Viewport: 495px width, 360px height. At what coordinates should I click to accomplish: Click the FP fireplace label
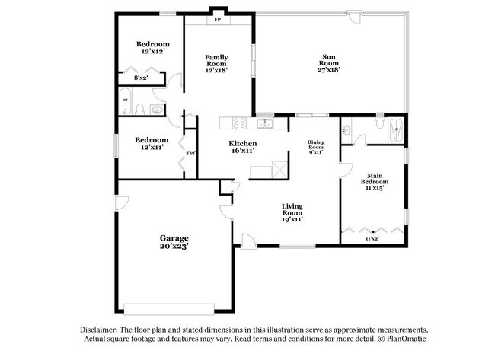pyautogui.click(x=218, y=19)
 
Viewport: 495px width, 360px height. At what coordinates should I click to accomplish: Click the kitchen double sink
pyautogui.click(x=264, y=123)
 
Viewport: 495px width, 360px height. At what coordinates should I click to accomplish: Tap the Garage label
pyautogui.click(x=174, y=237)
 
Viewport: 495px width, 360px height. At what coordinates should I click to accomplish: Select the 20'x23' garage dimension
pyautogui.click(x=174, y=247)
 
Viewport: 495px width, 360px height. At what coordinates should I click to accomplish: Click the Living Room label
pyautogui.click(x=293, y=209)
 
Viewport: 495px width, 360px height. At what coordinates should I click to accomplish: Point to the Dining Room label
pyautogui.click(x=316, y=145)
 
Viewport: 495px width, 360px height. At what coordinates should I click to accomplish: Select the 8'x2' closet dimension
pyautogui.click(x=142, y=78)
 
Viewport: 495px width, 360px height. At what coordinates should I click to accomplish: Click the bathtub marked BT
pyautogui.click(x=126, y=102)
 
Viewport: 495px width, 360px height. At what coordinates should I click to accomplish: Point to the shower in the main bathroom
pyautogui.click(x=394, y=131)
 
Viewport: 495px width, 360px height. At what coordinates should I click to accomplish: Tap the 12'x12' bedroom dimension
pyautogui.click(x=152, y=53)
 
